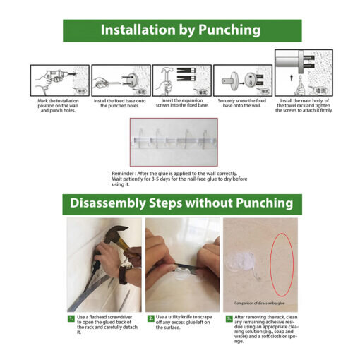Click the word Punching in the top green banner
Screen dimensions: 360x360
click(229, 30)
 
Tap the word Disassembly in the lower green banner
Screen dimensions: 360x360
click(108, 203)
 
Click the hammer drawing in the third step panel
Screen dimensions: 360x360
click(167, 79)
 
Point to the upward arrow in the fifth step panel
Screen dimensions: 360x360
click(292, 78)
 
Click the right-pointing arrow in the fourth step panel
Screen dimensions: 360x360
click(241, 83)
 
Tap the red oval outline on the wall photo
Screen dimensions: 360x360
click(282, 265)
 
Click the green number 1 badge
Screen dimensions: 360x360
click(71, 318)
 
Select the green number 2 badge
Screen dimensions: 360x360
click(150, 318)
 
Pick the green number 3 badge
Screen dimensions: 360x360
click(229, 318)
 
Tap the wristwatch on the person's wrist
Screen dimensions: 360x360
click(124, 273)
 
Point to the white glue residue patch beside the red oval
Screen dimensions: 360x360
click(241, 261)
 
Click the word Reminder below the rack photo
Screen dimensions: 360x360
click(123, 174)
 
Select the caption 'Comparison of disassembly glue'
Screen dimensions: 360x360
click(259, 303)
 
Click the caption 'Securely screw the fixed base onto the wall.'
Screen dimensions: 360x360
click(242, 103)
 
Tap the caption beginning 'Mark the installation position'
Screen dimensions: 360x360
click(58, 105)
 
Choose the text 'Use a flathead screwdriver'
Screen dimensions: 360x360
click(104, 317)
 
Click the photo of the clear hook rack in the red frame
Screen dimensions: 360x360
click(174, 142)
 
